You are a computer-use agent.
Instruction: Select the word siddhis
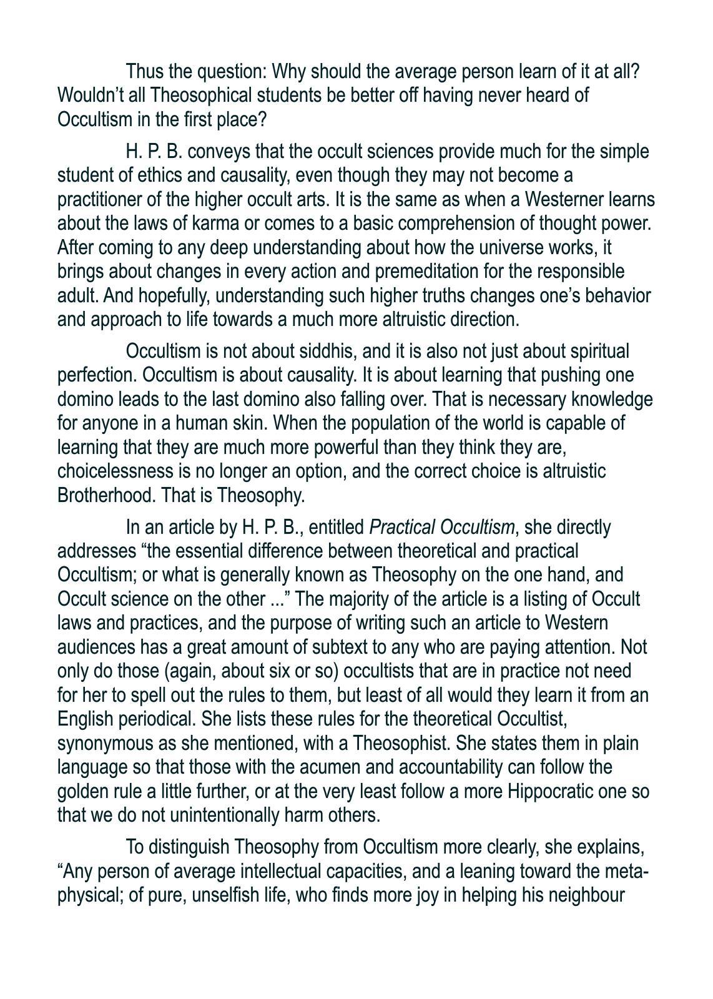click(322, 352)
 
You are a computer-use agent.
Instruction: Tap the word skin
click(250, 423)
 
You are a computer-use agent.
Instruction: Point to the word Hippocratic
click(556, 792)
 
